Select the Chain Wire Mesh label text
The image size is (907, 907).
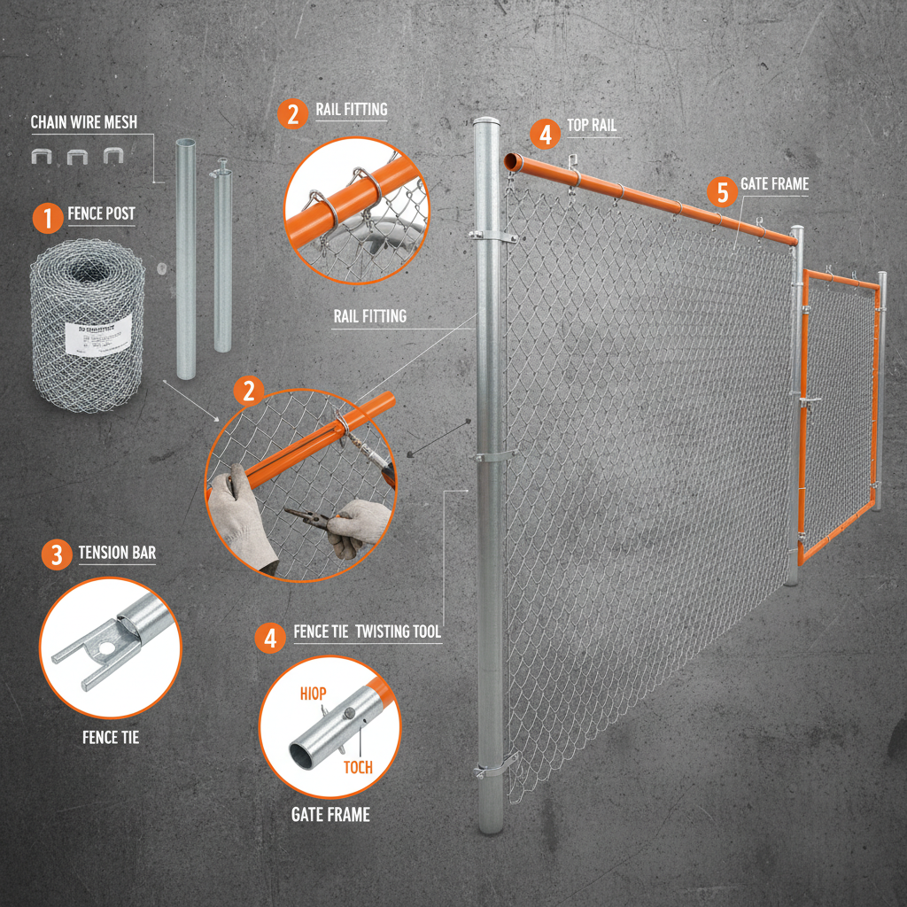pyautogui.click(x=84, y=122)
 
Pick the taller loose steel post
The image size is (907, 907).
pyautogui.click(x=186, y=257)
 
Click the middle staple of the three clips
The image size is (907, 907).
pyautogui.click(x=77, y=157)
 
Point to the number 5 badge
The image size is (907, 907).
pyautogui.click(x=722, y=190)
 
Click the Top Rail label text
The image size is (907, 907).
pyautogui.click(x=591, y=126)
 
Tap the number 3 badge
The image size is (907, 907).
pyautogui.click(x=56, y=555)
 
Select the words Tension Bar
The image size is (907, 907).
pyautogui.click(x=117, y=554)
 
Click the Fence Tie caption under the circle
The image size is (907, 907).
pyautogui.click(x=111, y=737)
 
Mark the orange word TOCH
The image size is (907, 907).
pyautogui.click(x=359, y=768)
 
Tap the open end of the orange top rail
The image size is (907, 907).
pyautogui.click(x=511, y=162)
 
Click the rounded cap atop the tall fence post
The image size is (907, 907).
pyautogui.click(x=486, y=124)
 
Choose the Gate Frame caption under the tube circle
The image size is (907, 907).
pyautogui.click(x=330, y=815)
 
